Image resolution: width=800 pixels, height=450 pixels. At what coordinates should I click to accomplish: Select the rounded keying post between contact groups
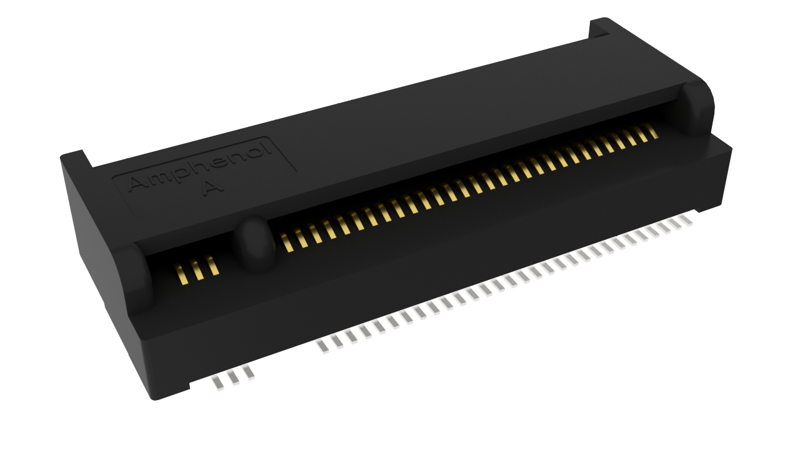point(254,244)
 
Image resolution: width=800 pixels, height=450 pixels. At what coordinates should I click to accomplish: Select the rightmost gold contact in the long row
point(652,131)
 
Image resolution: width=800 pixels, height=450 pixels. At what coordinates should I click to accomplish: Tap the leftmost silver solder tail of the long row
point(323,346)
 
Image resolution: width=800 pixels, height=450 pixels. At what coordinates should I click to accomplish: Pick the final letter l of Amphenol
point(268,149)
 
